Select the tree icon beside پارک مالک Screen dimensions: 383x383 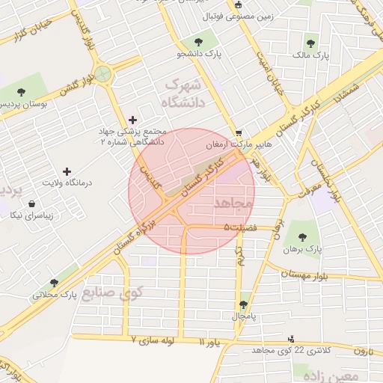pos(310,43)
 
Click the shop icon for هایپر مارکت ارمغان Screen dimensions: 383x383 pos(238,132)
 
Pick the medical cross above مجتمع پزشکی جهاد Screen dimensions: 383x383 pos(133,119)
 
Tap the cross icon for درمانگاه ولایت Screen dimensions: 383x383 pos(67,171)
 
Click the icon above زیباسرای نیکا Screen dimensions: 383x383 pos(31,203)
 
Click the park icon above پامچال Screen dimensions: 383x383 pos(243,305)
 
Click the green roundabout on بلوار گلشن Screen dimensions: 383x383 pos(102,73)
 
